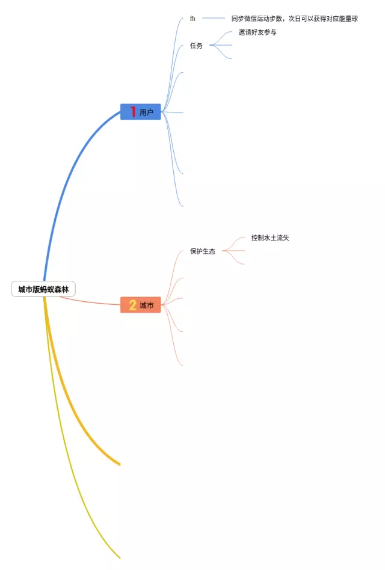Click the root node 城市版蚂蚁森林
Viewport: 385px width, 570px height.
coord(43,289)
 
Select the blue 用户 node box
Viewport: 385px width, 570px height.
coord(141,112)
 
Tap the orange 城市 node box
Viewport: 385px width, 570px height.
coord(141,305)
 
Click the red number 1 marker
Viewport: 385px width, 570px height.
coord(133,112)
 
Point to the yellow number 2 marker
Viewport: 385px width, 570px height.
coord(133,305)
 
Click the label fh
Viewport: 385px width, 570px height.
coord(192,19)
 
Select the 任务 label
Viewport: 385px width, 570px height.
coord(196,45)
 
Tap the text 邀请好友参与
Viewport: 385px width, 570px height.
coord(257,32)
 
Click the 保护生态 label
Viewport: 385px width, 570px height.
coord(202,251)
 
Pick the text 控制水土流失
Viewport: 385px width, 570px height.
coord(270,238)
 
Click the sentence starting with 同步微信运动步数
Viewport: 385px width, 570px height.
coord(294,19)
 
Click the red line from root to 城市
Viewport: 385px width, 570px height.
coord(90,302)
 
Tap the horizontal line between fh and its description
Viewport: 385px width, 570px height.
coord(213,19)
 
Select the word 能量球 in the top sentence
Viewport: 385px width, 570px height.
coord(348,19)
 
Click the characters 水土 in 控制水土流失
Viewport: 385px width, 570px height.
coord(270,238)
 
